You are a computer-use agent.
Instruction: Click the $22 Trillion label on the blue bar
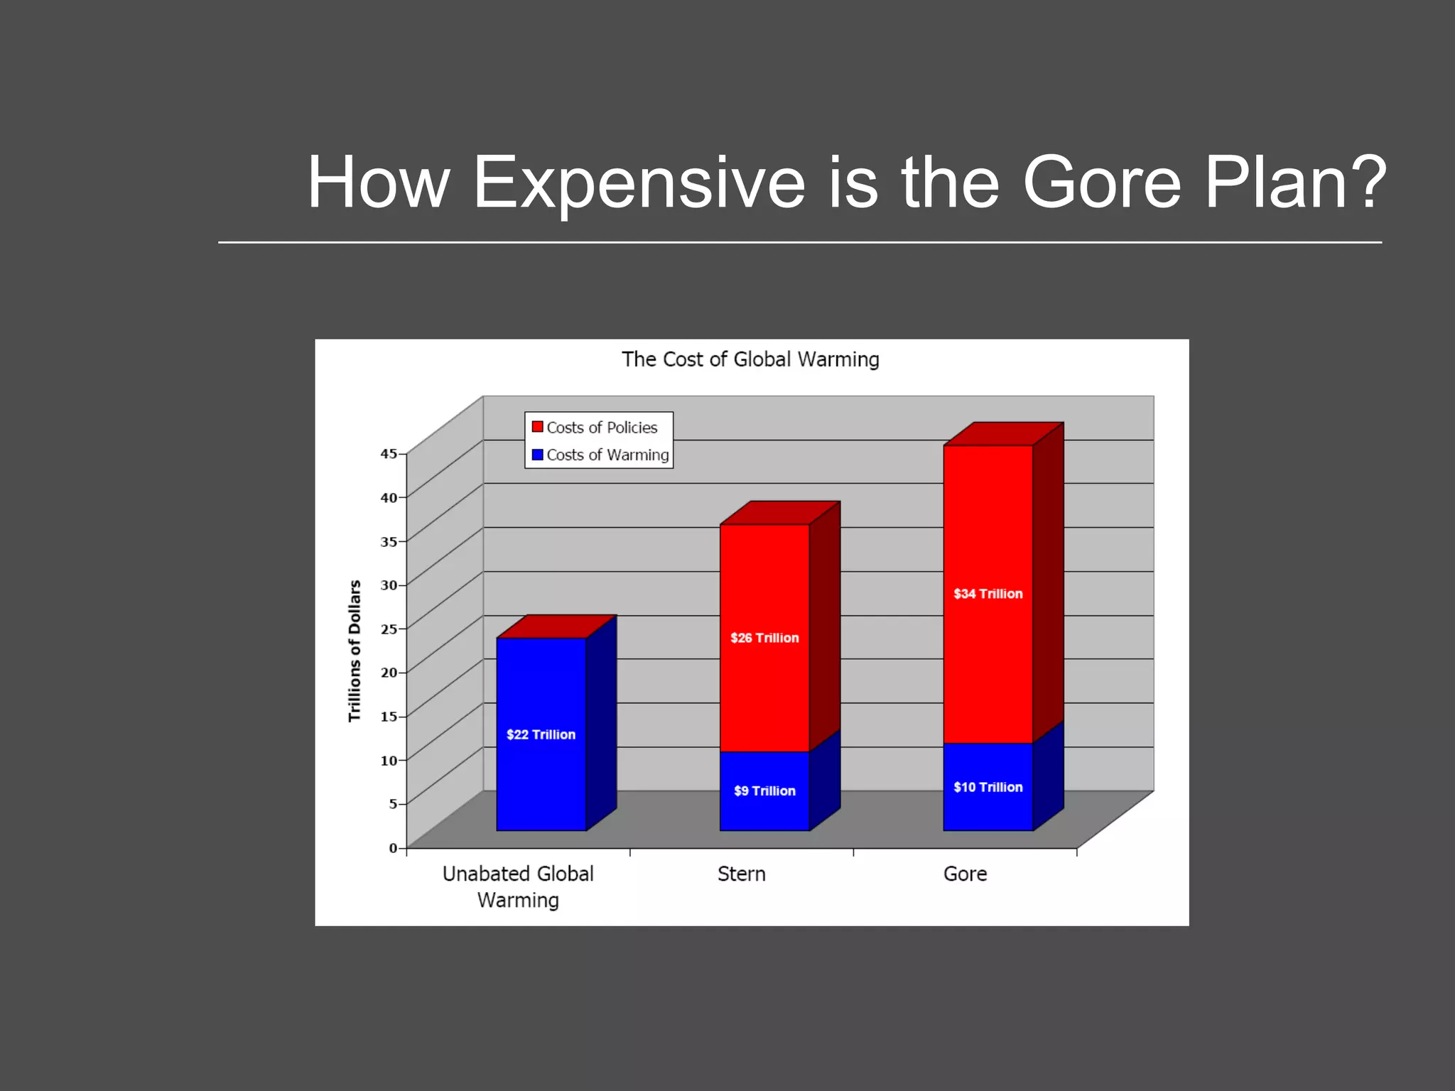tap(541, 734)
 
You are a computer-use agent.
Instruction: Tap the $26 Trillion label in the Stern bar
tap(764, 638)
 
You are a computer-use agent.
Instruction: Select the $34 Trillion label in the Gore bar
tap(988, 594)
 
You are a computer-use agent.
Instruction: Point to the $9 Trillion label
tap(764, 791)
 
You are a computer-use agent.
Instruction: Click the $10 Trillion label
tap(988, 787)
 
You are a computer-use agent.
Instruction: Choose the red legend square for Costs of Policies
tap(538, 427)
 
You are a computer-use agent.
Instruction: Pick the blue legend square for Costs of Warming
tap(538, 455)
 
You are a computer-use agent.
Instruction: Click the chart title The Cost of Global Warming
tap(750, 359)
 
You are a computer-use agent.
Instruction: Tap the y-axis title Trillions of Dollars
tap(355, 651)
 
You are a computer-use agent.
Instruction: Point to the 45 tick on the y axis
tap(389, 453)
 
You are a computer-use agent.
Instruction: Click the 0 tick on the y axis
tap(393, 847)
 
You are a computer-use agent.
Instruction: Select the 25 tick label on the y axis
tap(389, 629)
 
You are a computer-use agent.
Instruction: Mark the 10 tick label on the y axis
tap(389, 760)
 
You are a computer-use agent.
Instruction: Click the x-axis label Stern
tap(741, 874)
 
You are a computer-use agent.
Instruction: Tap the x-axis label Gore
tap(965, 874)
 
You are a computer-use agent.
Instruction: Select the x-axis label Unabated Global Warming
tap(518, 886)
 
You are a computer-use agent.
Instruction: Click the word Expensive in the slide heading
tap(639, 183)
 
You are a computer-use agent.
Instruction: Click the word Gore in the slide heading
tap(1101, 183)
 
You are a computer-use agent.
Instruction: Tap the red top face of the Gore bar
tap(1003, 434)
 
